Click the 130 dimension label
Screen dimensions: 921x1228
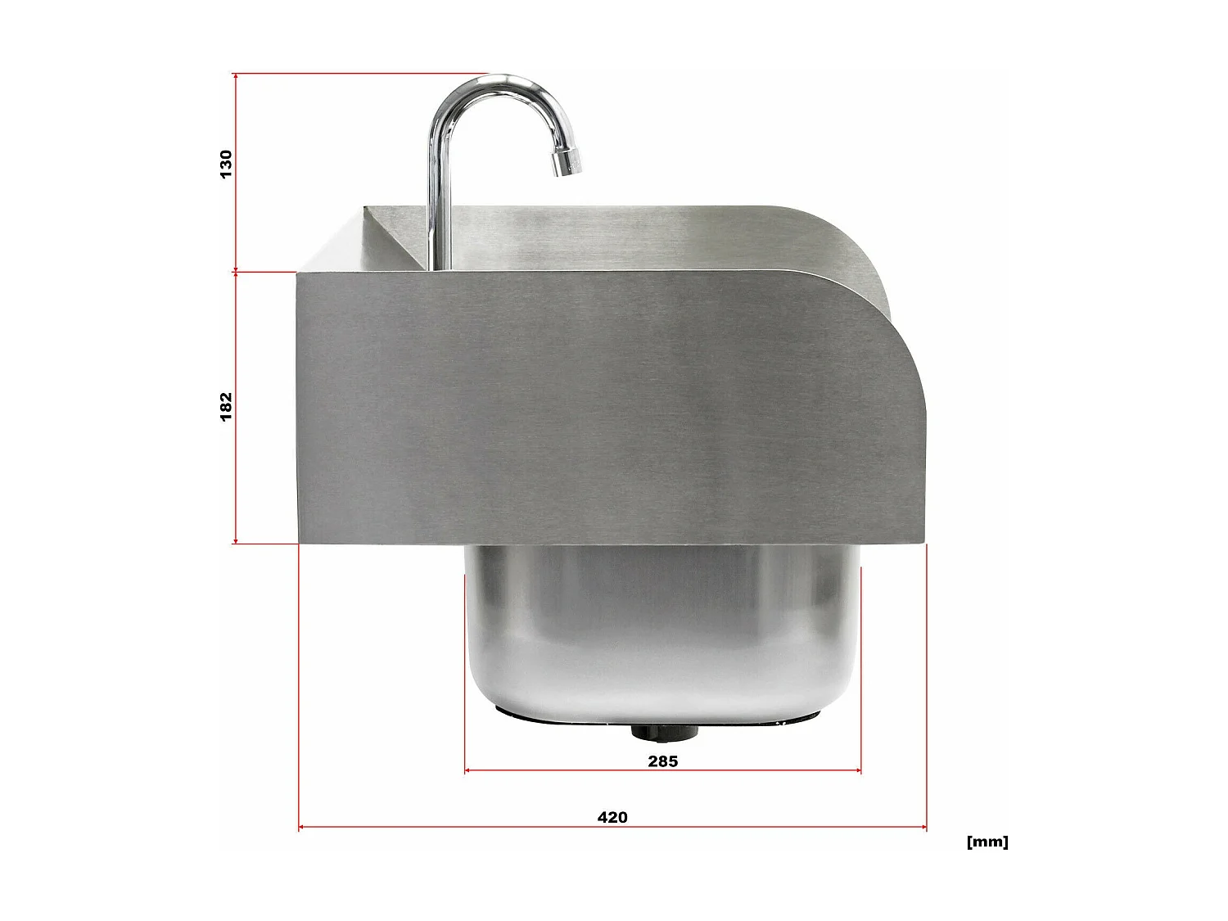click(x=226, y=164)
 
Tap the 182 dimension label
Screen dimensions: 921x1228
click(x=226, y=406)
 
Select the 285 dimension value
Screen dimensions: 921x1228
click(x=662, y=761)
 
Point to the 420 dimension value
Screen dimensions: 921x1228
click(x=612, y=817)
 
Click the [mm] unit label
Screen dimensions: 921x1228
click(x=987, y=842)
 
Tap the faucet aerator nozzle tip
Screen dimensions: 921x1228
click(x=567, y=162)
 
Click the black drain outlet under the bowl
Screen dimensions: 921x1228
click(x=664, y=731)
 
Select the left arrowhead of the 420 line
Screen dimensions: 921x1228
click(x=301, y=828)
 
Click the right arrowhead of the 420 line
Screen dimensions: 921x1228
click(x=923, y=828)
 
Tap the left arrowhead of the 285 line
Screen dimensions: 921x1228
click(x=467, y=770)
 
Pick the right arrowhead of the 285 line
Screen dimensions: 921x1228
click(x=858, y=770)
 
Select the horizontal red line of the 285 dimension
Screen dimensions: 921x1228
click(x=573, y=770)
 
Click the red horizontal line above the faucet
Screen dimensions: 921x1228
click(x=360, y=74)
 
